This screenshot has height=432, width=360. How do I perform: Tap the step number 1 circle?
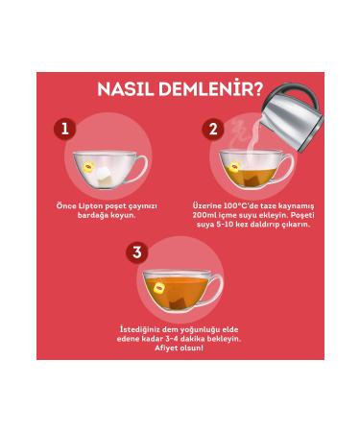[65, 130]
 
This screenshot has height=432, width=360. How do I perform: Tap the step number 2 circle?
[213, 130]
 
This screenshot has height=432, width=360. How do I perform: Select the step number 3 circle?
[137, 252]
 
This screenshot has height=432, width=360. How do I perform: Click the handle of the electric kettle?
[300, 93]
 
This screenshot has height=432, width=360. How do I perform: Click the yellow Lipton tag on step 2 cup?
[234, 167]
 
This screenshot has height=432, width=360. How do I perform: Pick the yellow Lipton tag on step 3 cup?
[159, 288]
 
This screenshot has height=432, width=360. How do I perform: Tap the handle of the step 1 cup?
[142, 168]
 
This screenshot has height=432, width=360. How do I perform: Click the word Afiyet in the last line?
[165, 348]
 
